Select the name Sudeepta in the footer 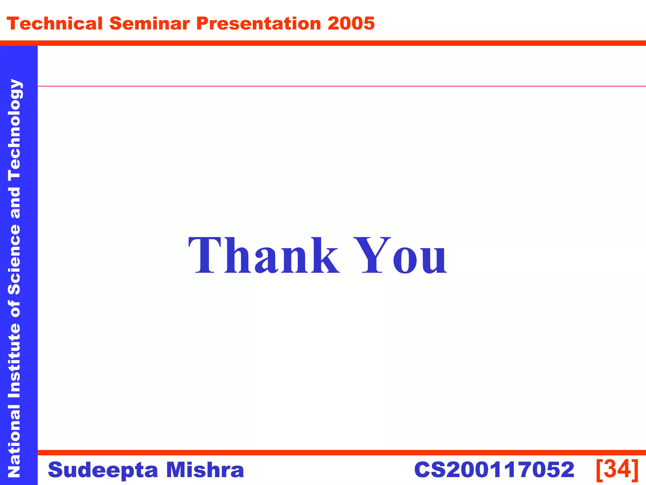[103, 470]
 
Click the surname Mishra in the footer [205, 470]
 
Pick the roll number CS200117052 [494, 470]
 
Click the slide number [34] [617, 469]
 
